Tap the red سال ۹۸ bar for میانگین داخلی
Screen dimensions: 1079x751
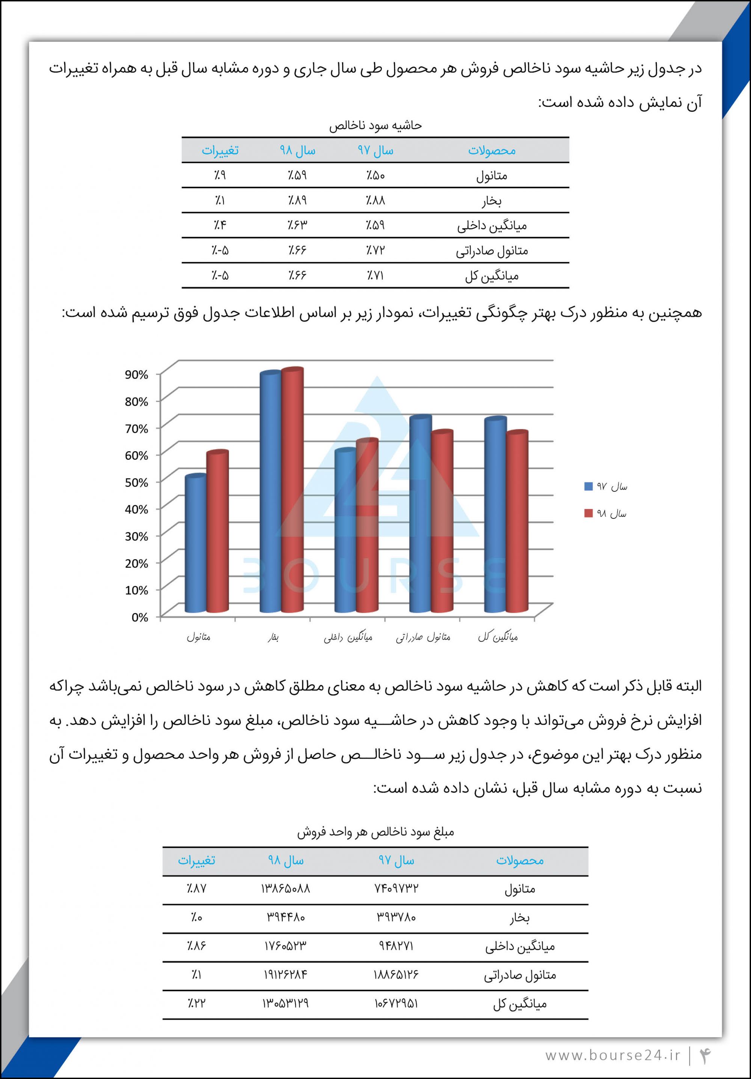coord(367,526)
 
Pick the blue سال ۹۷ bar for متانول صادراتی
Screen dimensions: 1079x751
coord(420,515)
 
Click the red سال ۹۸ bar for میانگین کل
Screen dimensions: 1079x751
coord(517,521)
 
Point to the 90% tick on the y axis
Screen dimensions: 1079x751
coord(136,375)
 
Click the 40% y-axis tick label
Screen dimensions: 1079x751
coord(136,509)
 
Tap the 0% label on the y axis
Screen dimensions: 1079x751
coord(139,617)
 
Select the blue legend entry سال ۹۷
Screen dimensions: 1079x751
coord(606,487)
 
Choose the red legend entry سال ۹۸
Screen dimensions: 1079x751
coord(606,513)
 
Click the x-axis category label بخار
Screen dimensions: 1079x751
coord(273,638)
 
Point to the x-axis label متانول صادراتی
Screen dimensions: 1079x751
coord(423,637)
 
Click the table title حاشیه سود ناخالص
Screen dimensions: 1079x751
coord(375,125)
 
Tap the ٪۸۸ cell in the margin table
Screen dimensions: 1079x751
coord(375,200)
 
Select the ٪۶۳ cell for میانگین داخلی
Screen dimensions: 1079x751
coord(297,225)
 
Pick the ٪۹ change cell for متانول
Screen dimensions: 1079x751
coord(220,175)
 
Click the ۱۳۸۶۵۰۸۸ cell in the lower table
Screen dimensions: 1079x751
coord(285,888)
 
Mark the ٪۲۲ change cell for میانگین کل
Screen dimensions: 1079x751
coord(196,1003)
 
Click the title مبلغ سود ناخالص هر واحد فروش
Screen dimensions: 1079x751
coord(375,832)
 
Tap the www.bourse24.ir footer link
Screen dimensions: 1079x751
coord(612,1055)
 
